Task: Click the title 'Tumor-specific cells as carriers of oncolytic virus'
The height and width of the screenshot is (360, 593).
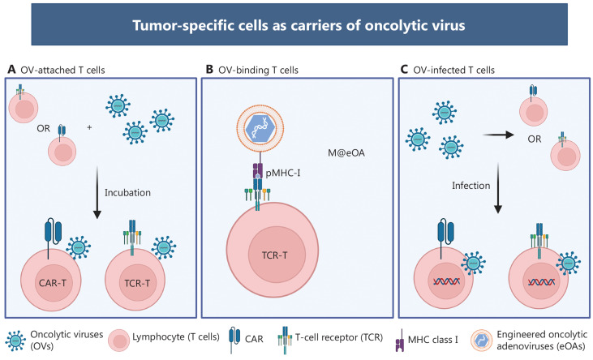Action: coord(296,24)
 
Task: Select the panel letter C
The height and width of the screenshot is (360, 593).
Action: coord(405,71)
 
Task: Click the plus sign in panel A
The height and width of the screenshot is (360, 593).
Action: coord(90,128)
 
